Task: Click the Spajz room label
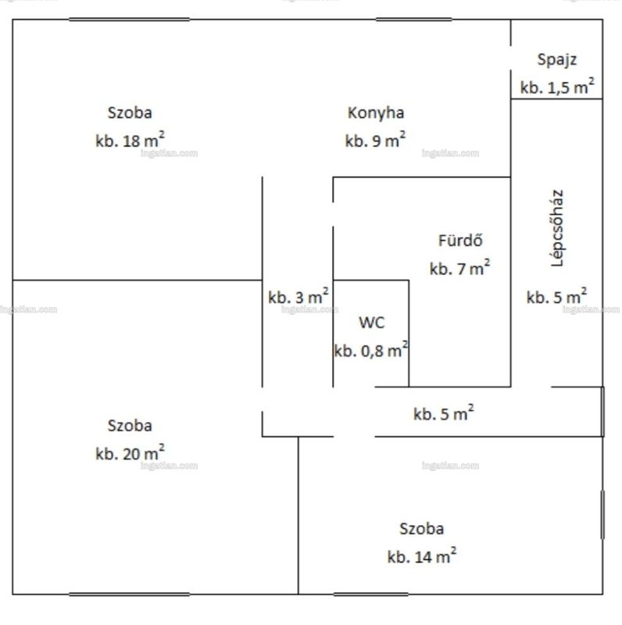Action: point(557,60)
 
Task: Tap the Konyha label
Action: point(376,112)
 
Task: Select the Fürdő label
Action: point(460,241)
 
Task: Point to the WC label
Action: point(372,323)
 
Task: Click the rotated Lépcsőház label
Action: point(557,227)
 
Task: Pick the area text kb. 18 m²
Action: point(130,140)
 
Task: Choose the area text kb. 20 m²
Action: point(130,453)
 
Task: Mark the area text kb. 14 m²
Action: point(422,555)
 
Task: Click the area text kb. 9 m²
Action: point(376,140)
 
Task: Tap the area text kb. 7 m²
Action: point(460,268)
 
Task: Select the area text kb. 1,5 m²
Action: point(557,87)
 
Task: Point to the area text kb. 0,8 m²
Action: point(371,350)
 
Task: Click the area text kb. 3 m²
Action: point(298,297)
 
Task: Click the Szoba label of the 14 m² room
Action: point(422,529)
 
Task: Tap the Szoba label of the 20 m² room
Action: point(130,426)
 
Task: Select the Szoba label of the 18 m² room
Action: point(130,112)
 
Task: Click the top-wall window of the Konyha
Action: point(414,19)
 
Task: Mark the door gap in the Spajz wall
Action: point(511,58)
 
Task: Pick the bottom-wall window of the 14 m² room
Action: point(371,595)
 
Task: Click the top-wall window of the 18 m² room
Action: point(129,19)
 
